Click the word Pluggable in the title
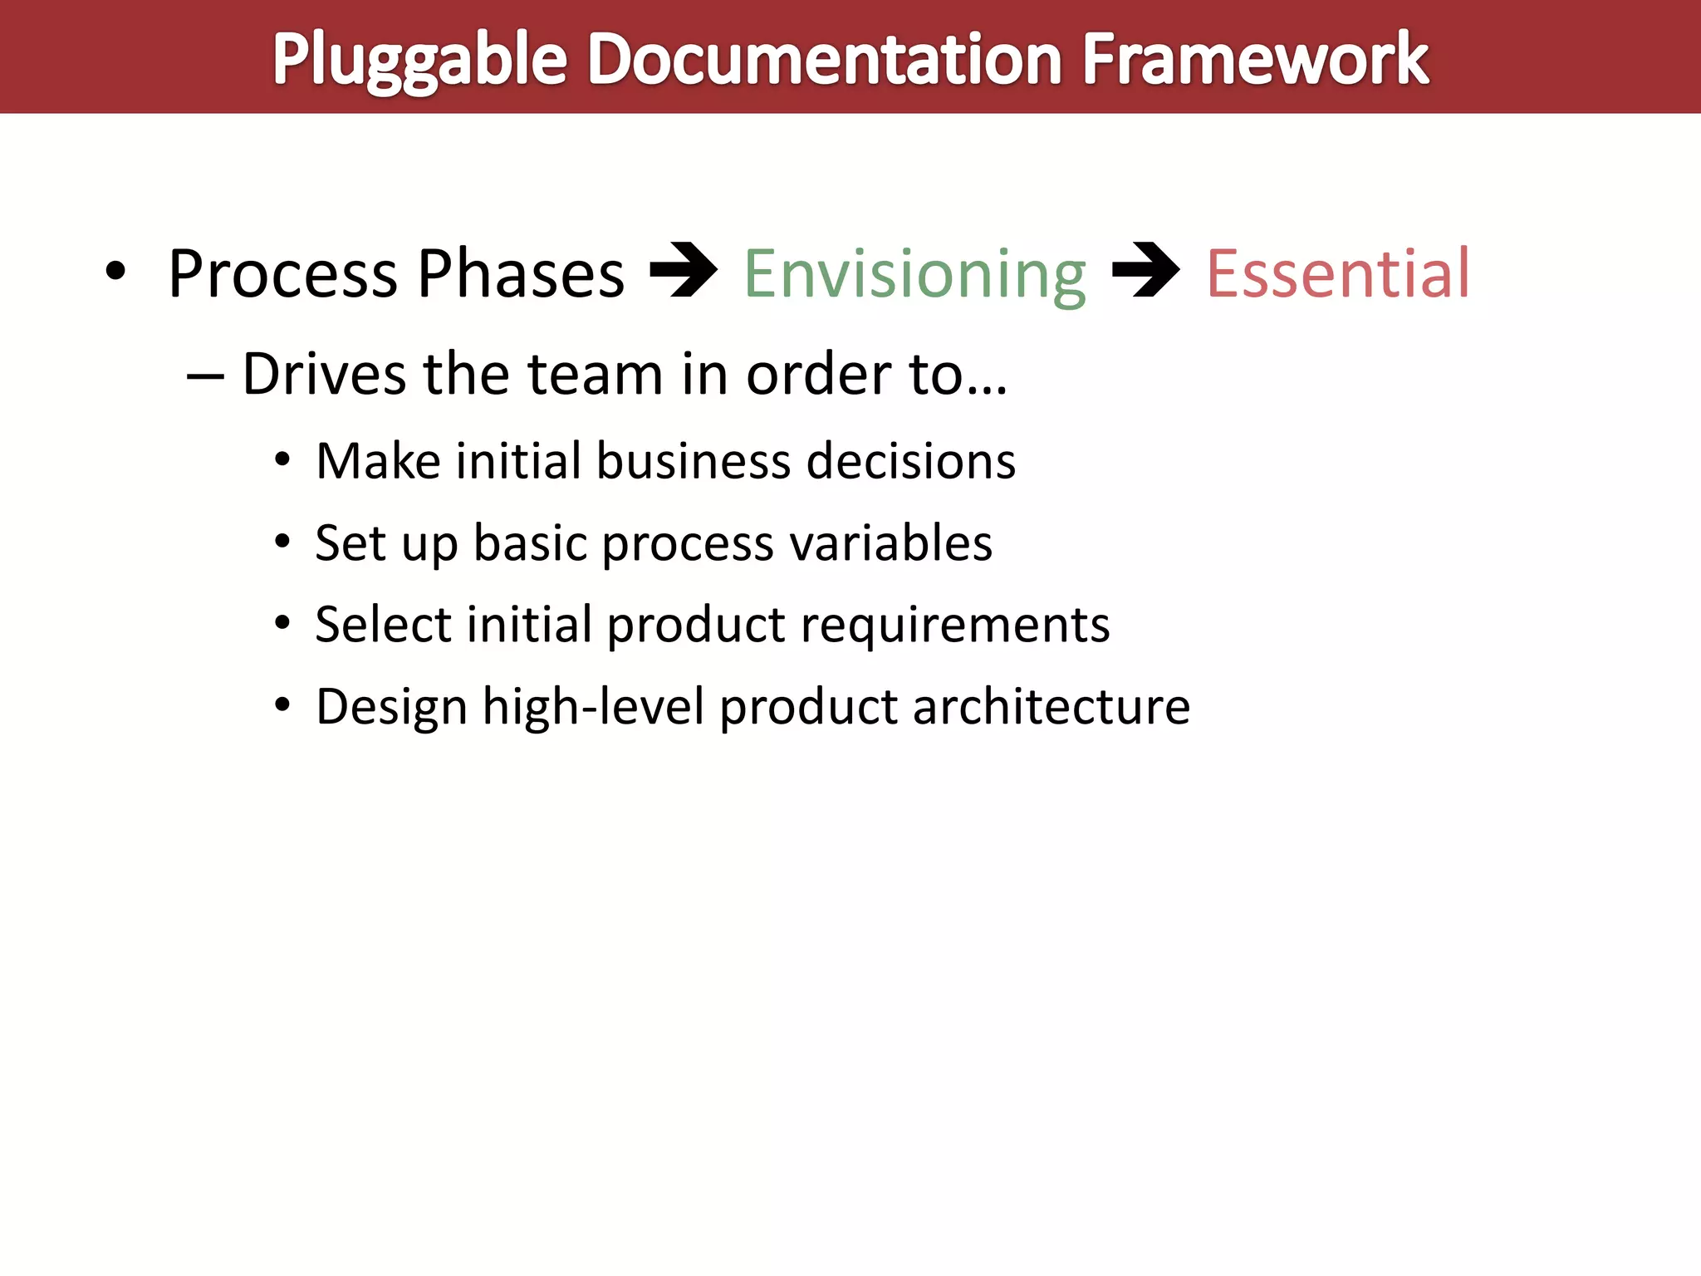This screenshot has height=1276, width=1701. point(419,60)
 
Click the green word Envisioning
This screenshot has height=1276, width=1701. point(914,274)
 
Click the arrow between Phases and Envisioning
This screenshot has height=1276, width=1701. point(683,270)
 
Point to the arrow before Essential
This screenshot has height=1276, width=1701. point(1145,270)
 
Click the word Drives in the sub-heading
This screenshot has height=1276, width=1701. point(324,374)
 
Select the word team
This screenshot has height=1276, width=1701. point(595,374)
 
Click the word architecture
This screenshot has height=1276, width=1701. point(1051,707)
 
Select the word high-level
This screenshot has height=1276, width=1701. point(593,707)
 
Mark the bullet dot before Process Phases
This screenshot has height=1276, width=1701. point(115,271)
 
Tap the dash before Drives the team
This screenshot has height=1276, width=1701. point(205,375)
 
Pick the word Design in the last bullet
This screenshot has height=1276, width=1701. point(391,707)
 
